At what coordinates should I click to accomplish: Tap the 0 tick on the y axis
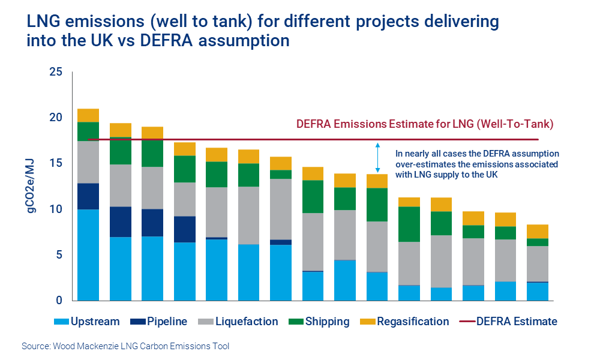point(58,301)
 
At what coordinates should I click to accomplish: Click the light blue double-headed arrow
point(378,157)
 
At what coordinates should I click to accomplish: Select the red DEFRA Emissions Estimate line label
point(424,124)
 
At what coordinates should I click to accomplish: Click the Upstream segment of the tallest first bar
point(88,255)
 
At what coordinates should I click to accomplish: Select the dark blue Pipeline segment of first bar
point(88,196)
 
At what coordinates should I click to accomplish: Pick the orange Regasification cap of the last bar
point(537,232)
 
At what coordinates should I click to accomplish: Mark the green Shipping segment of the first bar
point(88,131)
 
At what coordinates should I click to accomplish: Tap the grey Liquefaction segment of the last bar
point(537,263)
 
